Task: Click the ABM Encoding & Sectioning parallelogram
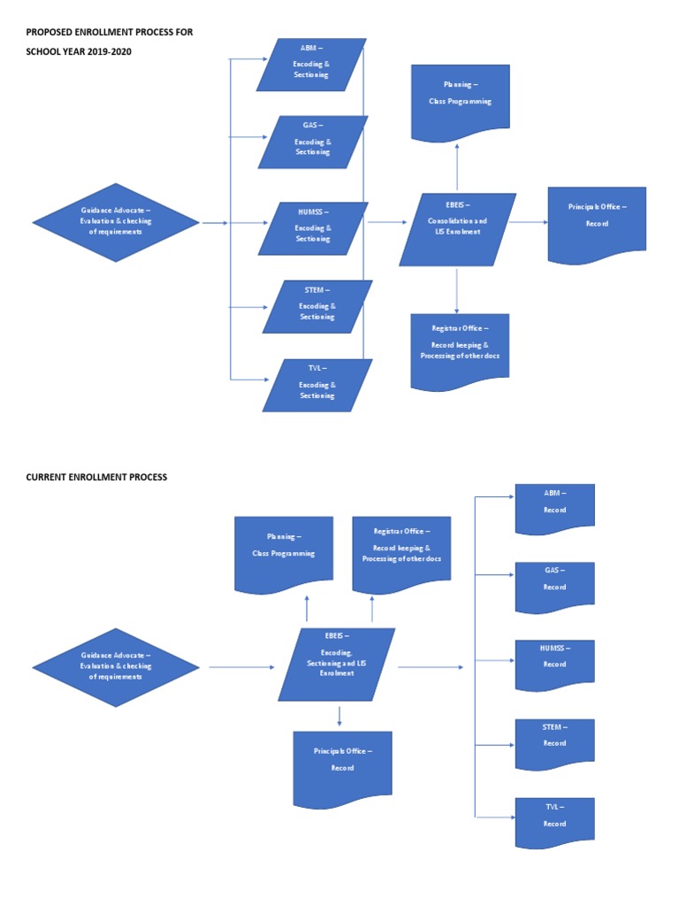tap(311, 65)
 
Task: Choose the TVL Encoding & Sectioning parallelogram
tap(317, 385)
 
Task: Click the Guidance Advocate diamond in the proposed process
tap(116, 223)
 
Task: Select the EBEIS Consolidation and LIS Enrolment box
tap(457, 229)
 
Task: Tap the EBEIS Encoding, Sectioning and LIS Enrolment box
tap(337, 664)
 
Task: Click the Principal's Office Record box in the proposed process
tap(597, 224)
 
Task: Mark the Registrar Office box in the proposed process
tap(460, 349)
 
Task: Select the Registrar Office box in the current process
tap(401, 553)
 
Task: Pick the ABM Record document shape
tap(554, 508)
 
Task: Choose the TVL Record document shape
tap(554, 821)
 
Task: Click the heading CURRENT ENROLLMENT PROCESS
tap(96, 477)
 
